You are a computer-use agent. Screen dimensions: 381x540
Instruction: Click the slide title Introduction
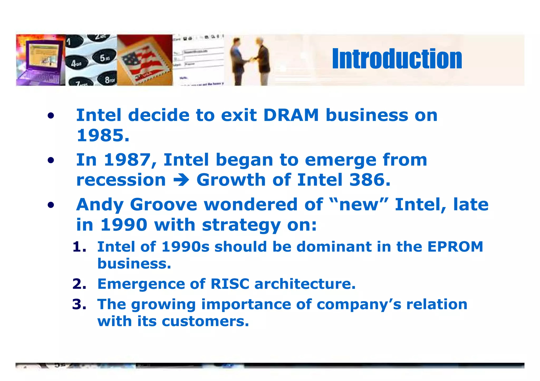coord(397,59)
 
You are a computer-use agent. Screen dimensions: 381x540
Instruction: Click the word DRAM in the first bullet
coord(291,115)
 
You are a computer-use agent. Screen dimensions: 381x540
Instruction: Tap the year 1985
coord(103,136)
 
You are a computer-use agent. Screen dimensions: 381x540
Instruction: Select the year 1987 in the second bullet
coord(127,160)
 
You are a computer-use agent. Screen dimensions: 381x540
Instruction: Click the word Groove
coord(163,205)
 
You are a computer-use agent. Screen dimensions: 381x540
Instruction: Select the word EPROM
coord(455,247)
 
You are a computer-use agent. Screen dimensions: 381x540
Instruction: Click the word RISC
coord(230,284)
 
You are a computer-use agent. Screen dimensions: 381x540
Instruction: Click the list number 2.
coord(79,284)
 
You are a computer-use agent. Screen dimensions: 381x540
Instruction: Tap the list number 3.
coord(79,304)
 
